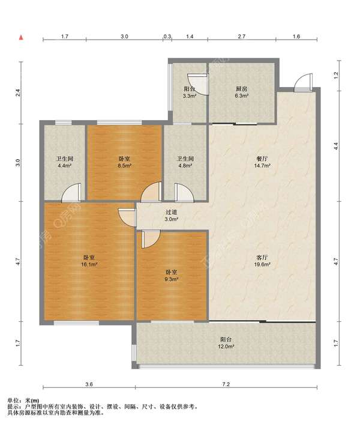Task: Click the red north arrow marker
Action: pyautogui.click(x=21, y=38)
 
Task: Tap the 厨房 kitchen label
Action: pyautogui.click(x=241, y=89)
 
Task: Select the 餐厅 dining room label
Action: pyautogui.click(x=262, y=159)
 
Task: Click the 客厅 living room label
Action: pyautogui.click(x=262, y=258)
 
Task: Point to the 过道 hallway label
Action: pyautogui.click(x=172, y=212)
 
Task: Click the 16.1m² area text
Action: pyautogui.click(x=89, y=264)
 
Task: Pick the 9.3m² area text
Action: pyautogui.click(x=172, y=279)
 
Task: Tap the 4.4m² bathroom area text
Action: pyautogui.click(x=65, y=166)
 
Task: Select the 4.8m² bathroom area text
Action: pyautogui.click(x=185, y=166)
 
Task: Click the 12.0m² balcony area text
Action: pyautogui.click(x=226, y=347)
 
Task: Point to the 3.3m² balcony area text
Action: pyautogui.click(x=190, y=96)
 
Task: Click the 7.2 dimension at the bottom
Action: pyautogui.click(x=226, y=384)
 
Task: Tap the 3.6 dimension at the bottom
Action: pyautogui.click(x=89, y=384)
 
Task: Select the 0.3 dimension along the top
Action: pyautogui.click(x=167, y=36)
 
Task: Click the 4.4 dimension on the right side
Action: pyautogui.click(x=336, y=146)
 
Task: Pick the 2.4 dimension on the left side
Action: pyautogui.click(x=17, y=93)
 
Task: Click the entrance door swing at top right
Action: pyautogui.click(x=304, y=82)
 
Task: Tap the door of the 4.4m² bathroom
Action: pyautogui.click(x=71, y=193)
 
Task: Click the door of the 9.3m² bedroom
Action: pyautogui.click(x=151, y=239)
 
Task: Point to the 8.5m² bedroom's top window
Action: pyautogui.click(x=119, y=123)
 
